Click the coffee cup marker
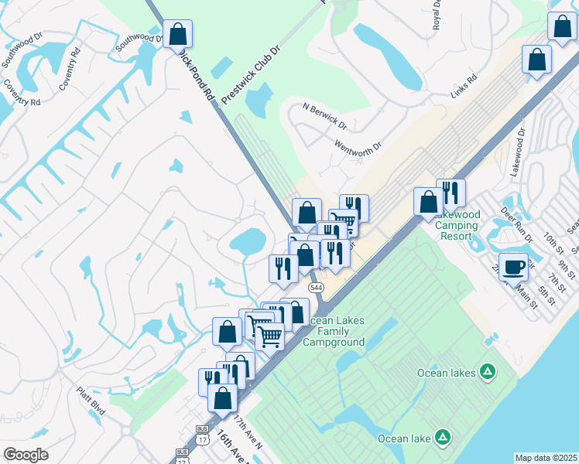coord(513,268)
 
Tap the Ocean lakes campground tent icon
coord(488,373)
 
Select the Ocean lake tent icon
coord(442,438)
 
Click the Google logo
coord(26,454)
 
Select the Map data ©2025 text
coord(546,458)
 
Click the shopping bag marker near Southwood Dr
coord(177,35)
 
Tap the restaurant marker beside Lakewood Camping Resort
coord(451,193)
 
